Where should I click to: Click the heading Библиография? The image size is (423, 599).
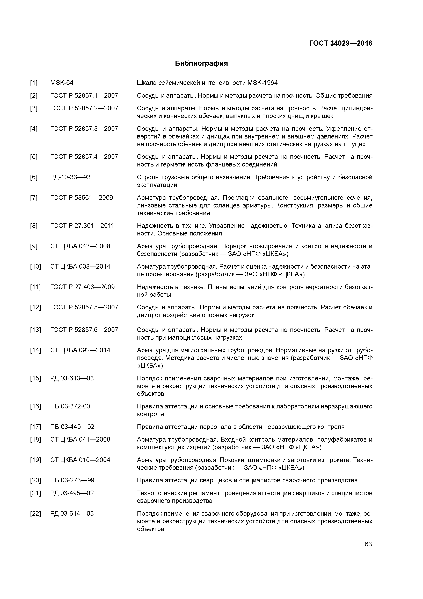201,63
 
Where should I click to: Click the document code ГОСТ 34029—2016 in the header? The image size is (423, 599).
341,43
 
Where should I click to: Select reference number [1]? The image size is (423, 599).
34,83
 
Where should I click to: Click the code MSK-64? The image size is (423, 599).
62,83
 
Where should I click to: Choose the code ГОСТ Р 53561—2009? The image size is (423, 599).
82,198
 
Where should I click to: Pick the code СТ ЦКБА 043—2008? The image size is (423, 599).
80,246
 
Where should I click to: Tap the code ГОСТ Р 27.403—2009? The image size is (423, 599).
82,287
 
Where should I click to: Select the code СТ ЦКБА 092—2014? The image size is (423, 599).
80,350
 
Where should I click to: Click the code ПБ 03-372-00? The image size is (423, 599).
70,406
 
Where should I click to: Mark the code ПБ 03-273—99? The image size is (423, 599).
72,480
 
